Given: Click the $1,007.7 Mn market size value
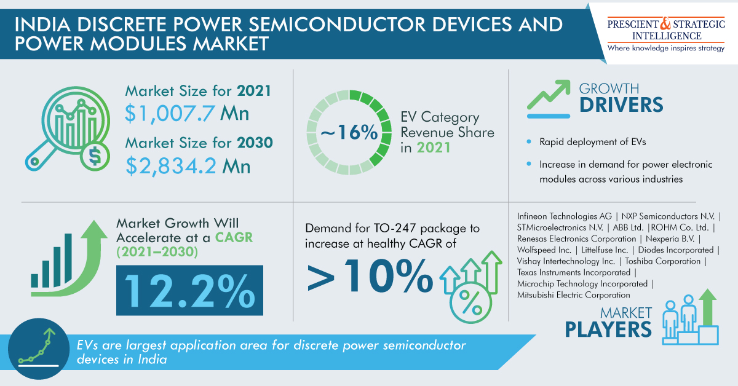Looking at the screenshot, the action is pos(187,114).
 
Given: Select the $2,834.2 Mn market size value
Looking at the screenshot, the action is pos(188,166).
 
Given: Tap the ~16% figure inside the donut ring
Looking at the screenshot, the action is pos(349,132).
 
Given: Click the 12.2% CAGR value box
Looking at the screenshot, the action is pos(189,291).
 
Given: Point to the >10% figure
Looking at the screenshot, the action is pos(370,276).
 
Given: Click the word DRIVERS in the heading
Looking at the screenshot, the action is pos(621,105).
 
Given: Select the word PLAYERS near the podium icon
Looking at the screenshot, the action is pos(608,329).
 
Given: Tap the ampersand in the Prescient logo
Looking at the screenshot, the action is pos(665,23).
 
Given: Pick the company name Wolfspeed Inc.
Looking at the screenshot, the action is pos(544,250).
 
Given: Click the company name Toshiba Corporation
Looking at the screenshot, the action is pos(662,261).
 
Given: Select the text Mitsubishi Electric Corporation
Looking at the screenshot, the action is pos(573,295).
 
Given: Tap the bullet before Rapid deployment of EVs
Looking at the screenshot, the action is pos(529,141).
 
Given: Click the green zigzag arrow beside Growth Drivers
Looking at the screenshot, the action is pos(549,95).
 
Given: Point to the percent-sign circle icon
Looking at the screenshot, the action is pos(470,303).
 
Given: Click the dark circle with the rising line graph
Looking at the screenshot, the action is pos(39,349).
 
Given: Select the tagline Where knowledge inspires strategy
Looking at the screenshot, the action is pos(666,48).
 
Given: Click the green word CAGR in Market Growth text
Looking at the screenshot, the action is pos(234,237).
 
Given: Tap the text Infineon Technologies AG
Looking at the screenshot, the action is pos(564,216).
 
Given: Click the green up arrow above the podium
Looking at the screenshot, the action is pos(708,307).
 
